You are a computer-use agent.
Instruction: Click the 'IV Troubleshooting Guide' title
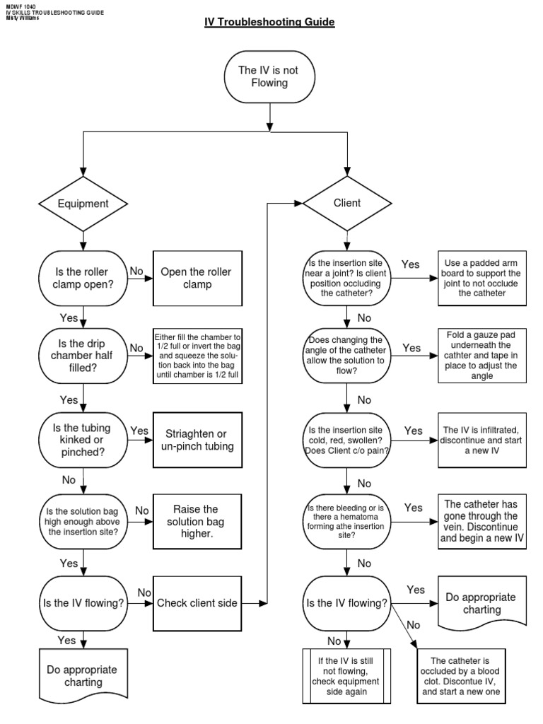point(269,23)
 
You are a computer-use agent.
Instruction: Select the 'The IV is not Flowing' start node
point(269,76)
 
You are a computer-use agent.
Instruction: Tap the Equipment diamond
point(83,204)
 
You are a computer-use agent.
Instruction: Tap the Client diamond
point(346,203)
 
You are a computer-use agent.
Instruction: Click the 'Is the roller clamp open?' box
point(83,278)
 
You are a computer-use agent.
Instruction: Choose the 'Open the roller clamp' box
point(196,278)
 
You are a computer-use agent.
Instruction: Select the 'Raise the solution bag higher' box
point(196,520)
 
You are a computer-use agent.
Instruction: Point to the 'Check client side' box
point(197,603)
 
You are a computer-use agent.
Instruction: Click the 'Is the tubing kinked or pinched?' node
point(83,439)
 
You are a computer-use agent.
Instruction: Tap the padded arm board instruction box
point(481,279)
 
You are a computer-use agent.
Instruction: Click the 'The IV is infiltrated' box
point(481,440)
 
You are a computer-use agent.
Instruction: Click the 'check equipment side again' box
point(346,677)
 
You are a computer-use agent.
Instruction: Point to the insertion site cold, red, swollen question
point(346,440)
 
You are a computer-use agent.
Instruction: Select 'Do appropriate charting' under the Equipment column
point(82,676)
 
